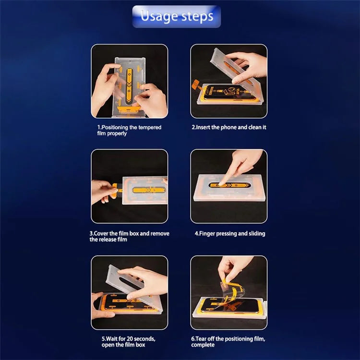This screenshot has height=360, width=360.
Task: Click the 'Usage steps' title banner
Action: coord(177,16)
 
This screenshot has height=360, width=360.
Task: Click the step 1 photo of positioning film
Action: coord(130,81)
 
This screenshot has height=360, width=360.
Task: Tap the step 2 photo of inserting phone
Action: coord(229,81)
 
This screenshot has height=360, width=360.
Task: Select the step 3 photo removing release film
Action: coord(130,186)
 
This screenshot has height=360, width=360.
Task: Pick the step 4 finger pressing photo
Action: coord(229,186)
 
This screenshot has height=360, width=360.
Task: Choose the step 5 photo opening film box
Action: coord(130,292)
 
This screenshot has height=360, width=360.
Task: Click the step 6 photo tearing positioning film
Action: coord(229,292)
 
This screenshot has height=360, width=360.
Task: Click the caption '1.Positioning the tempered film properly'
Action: coord(129,131)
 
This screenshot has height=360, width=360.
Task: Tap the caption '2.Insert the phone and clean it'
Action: coord(229,127)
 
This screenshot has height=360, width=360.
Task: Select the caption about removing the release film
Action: coord(129,236)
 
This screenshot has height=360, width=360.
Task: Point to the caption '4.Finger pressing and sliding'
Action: coord(229,234)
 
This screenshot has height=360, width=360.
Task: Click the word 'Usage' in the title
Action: coord(158,16)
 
